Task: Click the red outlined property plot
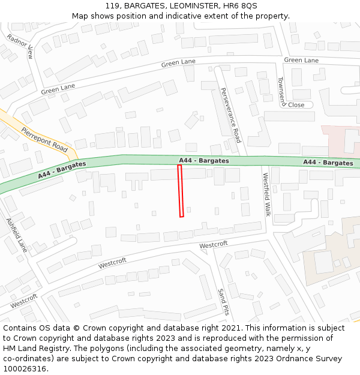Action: point(181,191)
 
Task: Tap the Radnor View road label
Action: point(20,47)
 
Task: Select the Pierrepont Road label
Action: point(44,139)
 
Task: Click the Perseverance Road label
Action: point(230,115)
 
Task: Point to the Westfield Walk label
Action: point(267,194)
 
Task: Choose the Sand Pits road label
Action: point(223,301)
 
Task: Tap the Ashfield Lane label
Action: point(17,235)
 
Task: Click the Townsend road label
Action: point(281,90)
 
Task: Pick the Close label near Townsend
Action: point(296,105)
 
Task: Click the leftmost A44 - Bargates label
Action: point(62,170)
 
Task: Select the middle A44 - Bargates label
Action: point(203,161)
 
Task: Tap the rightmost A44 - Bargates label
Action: point(328,163)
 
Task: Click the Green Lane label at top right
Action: point(301,60)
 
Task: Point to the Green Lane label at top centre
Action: point(179,63)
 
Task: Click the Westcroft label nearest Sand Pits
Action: point(213,245)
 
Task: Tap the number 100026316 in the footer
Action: point(25,369)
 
